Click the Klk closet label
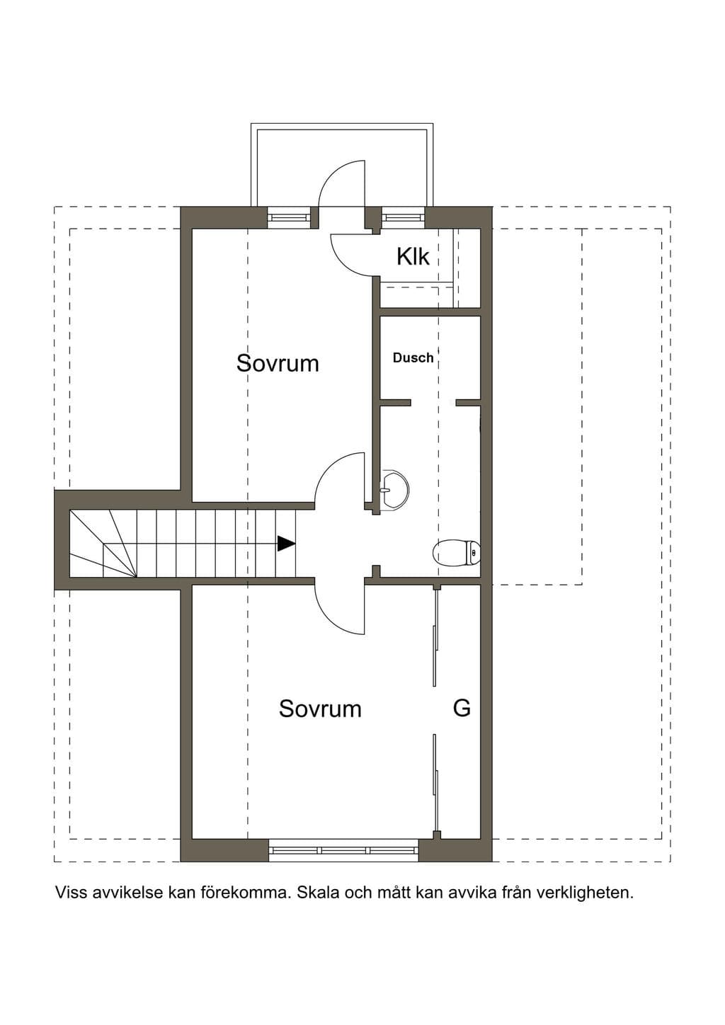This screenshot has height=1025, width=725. (x=413, y=257)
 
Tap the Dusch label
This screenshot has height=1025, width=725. (x=413, y=358)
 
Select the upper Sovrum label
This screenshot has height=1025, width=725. (x=278, y=363)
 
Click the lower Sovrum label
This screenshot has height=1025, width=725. (x=320, y=709)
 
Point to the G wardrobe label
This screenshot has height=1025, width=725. (x=462, y=709)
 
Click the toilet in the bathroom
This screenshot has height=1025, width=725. (x=457, y=553)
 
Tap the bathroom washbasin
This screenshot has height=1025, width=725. (x=394, y=489)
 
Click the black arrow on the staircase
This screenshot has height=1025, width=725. (x=286, y=543)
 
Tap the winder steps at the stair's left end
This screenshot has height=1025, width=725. (x=103, y=544)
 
